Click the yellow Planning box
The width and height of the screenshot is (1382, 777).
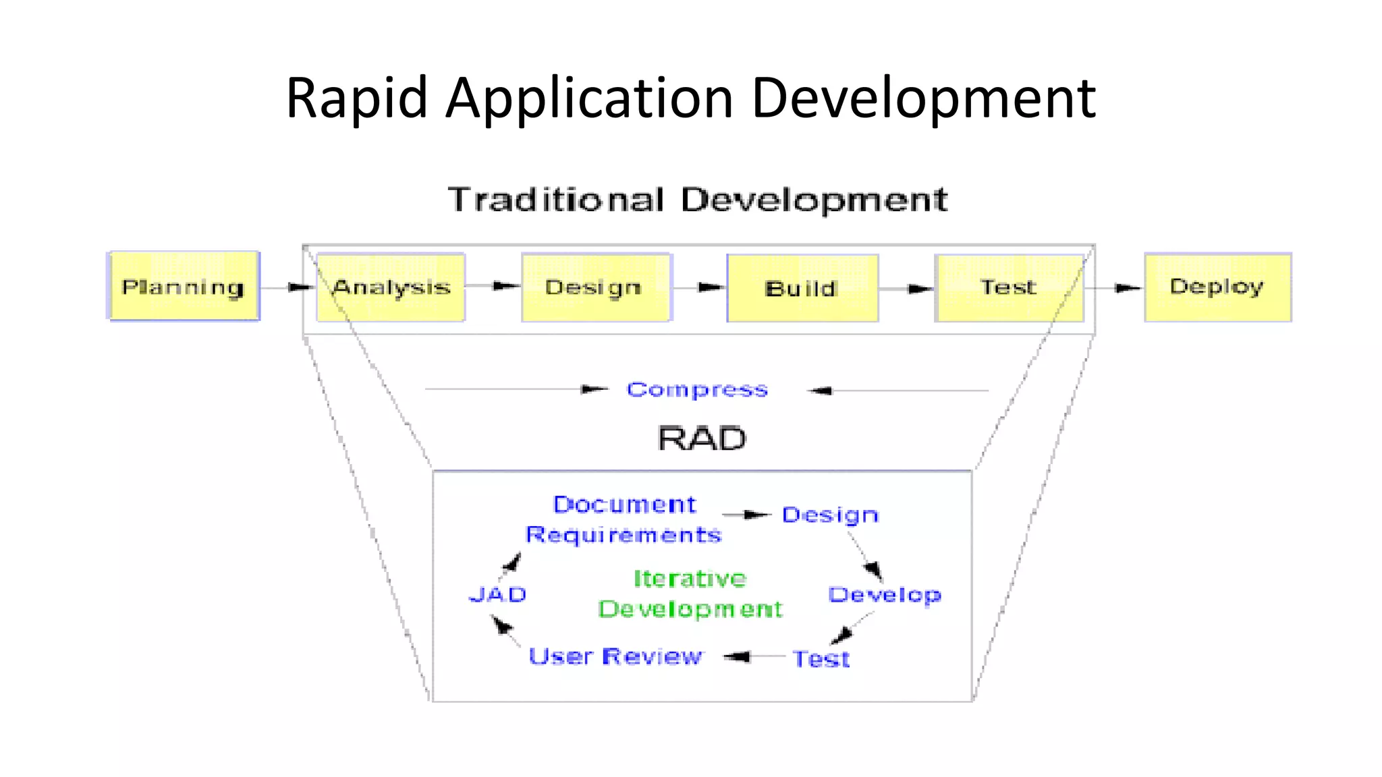pyautogui.click(x=184, y=287)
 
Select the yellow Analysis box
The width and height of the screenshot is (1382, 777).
pyautogui.click(x=391, y=287)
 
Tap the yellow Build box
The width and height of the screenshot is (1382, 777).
pyautogui.click(x=802, y=288)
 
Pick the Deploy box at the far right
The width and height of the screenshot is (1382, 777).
pyautogui.click(x=1217, y=287)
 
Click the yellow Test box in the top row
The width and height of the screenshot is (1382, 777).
pyautogui.click(x=1009, y=287)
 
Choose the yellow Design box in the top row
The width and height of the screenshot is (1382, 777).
pyautogui.click(x=595, y=287)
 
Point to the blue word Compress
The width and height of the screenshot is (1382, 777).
pyautogui.click(x=697, y=390)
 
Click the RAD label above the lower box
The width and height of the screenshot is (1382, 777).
pyautogui.click(x=702, y=439)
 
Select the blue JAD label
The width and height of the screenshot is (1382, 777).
pyautogui.click(x=498, y=595)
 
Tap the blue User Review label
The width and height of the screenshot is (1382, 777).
pyautogui.click(x=615, y=656)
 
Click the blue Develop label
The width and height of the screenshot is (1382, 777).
pyautogui.click(x=885, y=595)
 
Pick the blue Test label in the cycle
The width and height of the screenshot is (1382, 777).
pyautogui.click(x=821, y=659)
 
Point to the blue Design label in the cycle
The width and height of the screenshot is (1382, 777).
pyautogui.click(x=830, y=515)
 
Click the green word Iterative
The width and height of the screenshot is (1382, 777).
pyautogui.click(x=690, y=579)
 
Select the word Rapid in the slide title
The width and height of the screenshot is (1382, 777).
pyautogui.click(x=357, y=98)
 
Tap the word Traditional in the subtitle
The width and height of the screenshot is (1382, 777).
pyautogui.click(x=556, y=200)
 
